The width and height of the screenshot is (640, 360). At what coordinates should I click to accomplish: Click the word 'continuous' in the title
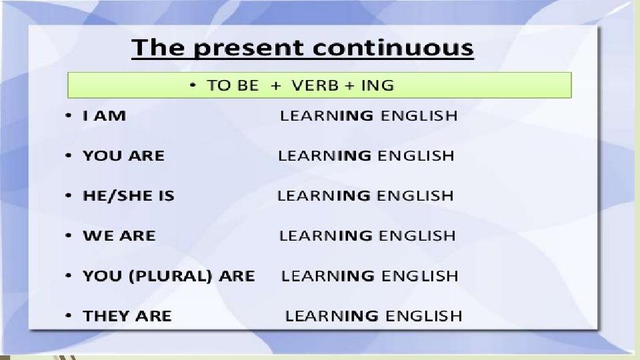pos(393,48)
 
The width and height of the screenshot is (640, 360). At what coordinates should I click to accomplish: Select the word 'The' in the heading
pos(158,47)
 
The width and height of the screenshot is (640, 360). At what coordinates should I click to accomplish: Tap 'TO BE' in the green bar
pos(233,85)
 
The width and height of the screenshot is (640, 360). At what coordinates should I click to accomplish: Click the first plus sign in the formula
pos(276,86)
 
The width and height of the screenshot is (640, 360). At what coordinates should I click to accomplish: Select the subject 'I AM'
pos(105,115)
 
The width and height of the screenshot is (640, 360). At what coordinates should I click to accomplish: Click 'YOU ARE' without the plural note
pos(124,155)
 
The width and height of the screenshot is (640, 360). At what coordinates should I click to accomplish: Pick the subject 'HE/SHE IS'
pos(129,196)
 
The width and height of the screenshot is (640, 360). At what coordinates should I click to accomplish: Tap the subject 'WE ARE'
pos(119,235)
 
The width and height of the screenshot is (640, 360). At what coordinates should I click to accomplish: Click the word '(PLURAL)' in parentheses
pos(171,276)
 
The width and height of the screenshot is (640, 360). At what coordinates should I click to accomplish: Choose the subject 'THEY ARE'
pos(127,316)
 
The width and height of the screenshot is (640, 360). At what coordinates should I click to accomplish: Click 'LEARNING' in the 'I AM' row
pos(327,115)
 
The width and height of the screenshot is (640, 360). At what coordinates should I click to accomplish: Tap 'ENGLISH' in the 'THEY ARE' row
pos(424,316)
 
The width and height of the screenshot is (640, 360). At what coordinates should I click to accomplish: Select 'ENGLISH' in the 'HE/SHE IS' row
pos(415,195)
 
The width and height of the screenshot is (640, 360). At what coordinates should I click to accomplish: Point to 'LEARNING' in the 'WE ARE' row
pos(326,235)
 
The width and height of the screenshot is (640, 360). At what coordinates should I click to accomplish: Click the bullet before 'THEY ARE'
pos(69,315)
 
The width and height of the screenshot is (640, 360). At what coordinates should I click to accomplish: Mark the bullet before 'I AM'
pos(69,115)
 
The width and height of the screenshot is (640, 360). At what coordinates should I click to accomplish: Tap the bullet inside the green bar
pos(193,85)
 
